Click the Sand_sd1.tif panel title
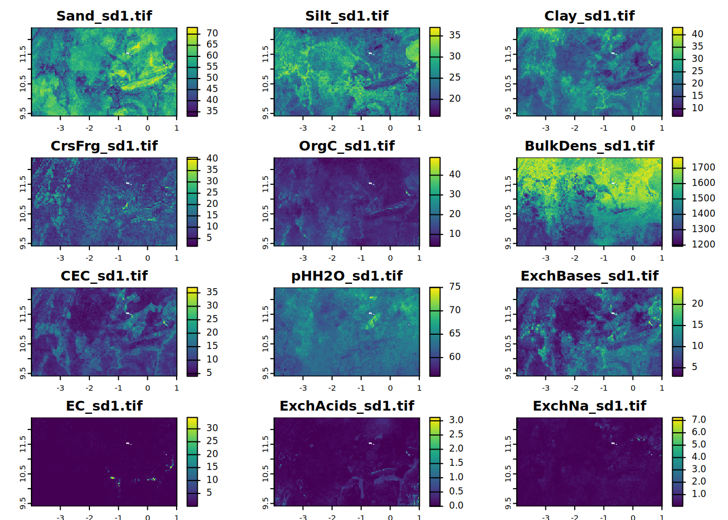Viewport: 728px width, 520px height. pyautogui.click(x=104, y=16)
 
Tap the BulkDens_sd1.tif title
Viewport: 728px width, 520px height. pyautogui.click(x=589, y=146)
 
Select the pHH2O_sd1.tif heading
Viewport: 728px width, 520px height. pyautogui.click(x=347, y=276)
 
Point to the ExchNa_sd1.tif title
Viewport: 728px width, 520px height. pyautogui.click(x=589, y=406)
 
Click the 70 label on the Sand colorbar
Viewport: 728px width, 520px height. pyautogui.click(x=212, y=33)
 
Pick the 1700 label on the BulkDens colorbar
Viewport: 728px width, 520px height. pyautogui.click(x=703, y=167)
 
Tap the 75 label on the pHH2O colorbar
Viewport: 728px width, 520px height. pyautogui.click(x=454, y=287)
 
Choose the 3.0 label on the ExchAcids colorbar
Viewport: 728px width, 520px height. pyautogui.click(x=456, y=420)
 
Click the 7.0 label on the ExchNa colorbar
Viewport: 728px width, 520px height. pyautogui.click(x=699, y=420)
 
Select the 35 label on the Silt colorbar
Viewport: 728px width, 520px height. pyautogui.click(x=454, y=35)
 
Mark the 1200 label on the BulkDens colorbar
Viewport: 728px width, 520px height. pyautogui.click(x=703, y=244)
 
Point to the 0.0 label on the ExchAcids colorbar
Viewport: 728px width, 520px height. pyautogui.click(x=456, y=505)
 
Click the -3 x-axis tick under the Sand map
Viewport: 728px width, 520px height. pyautogui.click(x=60, y=128)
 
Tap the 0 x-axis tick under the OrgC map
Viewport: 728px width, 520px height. pyautogui.click(x=390, y=258)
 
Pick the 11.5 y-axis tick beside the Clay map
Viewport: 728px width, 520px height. pyautogui.click(x=508, y=54)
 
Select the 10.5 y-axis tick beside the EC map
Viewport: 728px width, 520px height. pyautogui.click(x=23, y=474)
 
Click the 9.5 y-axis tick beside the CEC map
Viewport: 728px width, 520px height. pyautogui.click(x=23, y=373)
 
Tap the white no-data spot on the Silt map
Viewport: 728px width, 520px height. pyautogui.click(x=371, y=53)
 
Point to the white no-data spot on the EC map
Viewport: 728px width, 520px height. pyautogui.click(x=128, y=444)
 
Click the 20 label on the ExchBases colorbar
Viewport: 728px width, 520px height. pyautogui.click(x=697, y=303)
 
